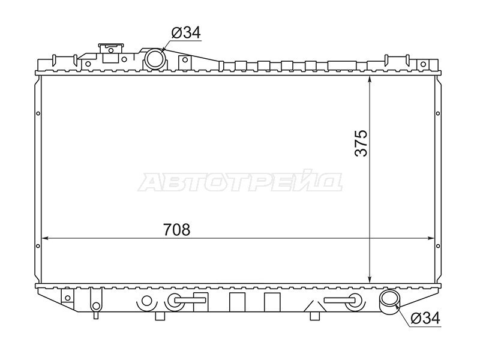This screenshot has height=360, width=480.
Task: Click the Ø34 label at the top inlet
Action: [186, 32]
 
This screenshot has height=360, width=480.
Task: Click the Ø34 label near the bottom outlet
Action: [425, 318]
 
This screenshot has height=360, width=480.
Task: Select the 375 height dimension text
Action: [361, 143]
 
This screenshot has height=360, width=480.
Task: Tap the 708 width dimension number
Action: [176, 230]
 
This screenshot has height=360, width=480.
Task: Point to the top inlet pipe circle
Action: [155, 59]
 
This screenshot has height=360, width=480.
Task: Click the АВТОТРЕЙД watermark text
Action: [240, 183]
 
